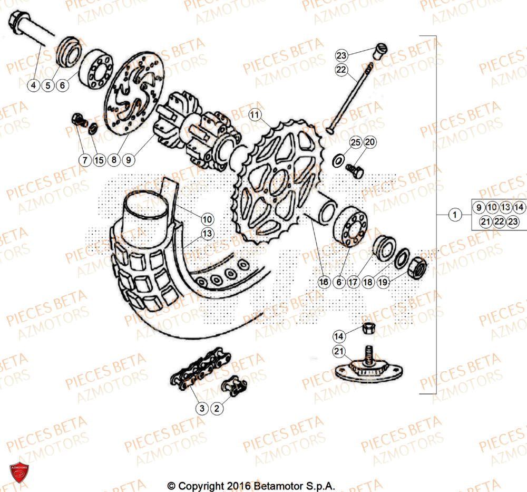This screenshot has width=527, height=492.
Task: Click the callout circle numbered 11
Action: [255, 114]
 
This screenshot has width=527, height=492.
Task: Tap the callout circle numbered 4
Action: [34, 85]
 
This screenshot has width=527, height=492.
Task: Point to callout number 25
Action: [356, 142]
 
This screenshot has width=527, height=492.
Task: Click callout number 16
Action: [325, 282]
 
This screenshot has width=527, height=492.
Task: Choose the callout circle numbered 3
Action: [202, 408]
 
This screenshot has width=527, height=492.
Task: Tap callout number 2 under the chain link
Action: [217, 408]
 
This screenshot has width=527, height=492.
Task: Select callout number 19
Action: [383, 282]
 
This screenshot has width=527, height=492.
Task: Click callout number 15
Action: [99, 159]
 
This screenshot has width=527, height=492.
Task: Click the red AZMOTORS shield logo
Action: [19, 471]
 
